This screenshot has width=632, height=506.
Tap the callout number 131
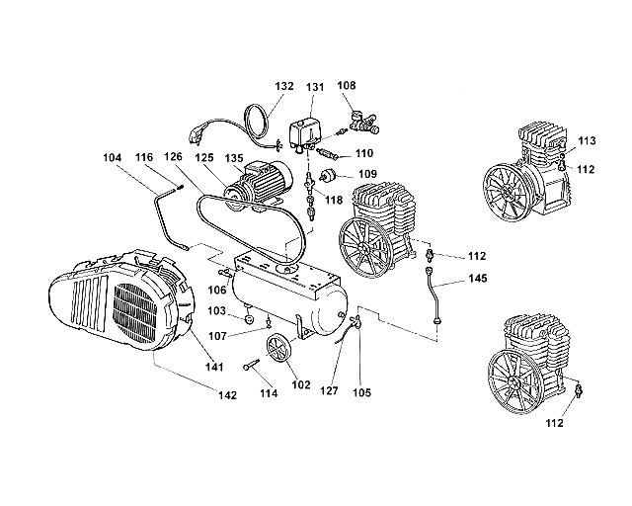pyautogui.click(x=315, y=87)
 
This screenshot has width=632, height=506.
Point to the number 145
pyautogui.click(x=477, y=281)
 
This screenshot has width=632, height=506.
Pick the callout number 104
pyautogui.click(x=113, y=158)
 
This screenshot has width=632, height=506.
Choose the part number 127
pyautogui.click(x=330, y=389)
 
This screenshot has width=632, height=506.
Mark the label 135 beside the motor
pyautogui.click(x=234, y=158)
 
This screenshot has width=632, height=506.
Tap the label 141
pyautogui.click(x=213, y=367)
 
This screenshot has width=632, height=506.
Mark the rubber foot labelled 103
pyautogui.click(x=250, y=319)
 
